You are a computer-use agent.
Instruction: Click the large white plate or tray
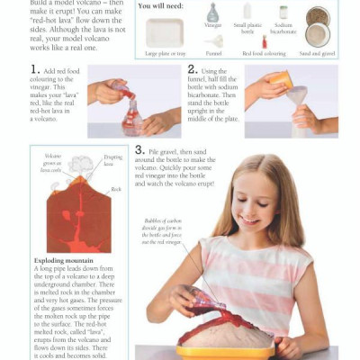point(165,32)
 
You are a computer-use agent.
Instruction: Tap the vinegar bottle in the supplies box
point(212,13)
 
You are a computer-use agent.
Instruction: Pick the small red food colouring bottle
point(264,41)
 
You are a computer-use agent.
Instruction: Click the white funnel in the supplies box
point(215,41)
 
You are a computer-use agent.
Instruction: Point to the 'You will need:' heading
point(162,6)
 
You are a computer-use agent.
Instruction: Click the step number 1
point(35,69)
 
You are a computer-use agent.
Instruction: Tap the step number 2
point(193,69)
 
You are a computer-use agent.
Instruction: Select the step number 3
point(140,150)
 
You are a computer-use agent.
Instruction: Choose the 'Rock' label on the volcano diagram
point(116,189)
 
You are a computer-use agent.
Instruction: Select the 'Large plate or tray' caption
point(166,53)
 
